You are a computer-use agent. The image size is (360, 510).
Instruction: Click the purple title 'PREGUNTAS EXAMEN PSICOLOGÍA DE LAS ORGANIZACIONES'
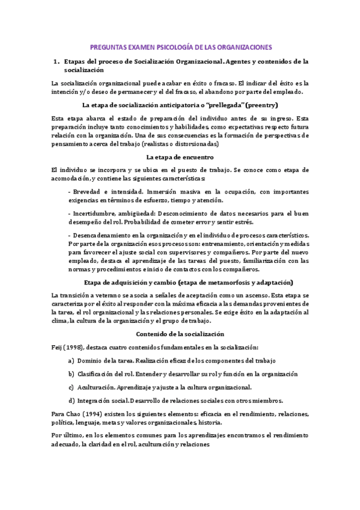click(x=180, y=46)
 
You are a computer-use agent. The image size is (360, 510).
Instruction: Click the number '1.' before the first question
click(x=58, y=61)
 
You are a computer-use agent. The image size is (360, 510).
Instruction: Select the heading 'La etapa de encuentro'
click(x=180, y=157)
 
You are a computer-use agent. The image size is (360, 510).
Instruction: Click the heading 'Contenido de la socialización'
click(x=180, y=334)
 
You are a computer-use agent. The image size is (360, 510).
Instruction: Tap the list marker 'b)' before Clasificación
click(x=72, y=373)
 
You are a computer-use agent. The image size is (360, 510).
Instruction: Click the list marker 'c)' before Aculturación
click(x=72, y=387)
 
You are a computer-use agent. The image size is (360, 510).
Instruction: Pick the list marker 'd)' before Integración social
click(x=72, y=401)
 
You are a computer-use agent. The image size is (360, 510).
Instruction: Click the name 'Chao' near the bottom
click(x=73, y=414)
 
